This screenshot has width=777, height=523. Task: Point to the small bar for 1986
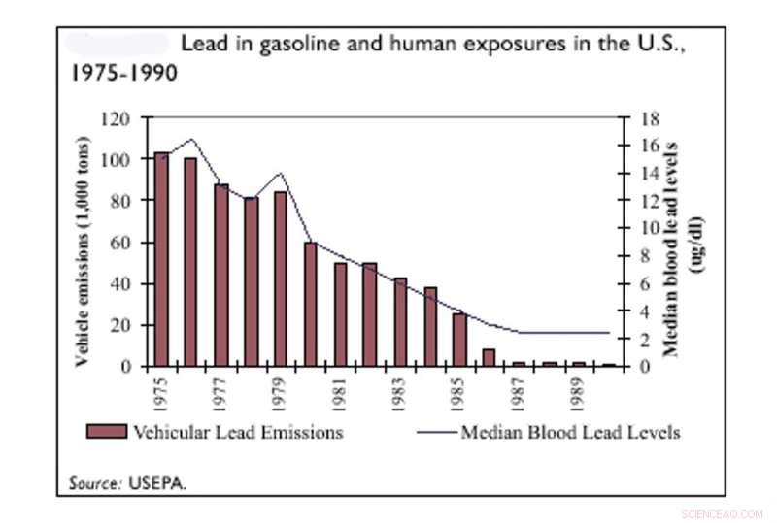tap(489, 358)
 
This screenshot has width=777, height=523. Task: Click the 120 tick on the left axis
tap(119, 118)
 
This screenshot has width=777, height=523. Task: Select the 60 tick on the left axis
tap(123, 243)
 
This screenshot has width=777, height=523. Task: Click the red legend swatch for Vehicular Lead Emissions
tap(106, 432)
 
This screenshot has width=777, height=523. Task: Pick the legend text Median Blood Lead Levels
tap(570, 432)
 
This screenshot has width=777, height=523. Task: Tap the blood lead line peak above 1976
tap(191, 139)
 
